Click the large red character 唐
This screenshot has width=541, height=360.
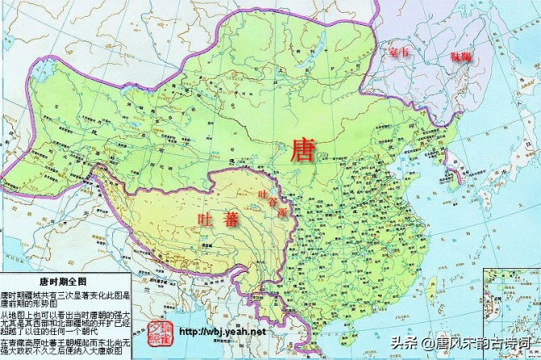click(x=303, y=149)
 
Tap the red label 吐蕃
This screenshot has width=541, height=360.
click(x=218, y=219)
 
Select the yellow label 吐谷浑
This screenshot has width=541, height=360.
click(x=272, y=202)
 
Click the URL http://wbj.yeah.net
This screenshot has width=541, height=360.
click(x=221, y=332)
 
